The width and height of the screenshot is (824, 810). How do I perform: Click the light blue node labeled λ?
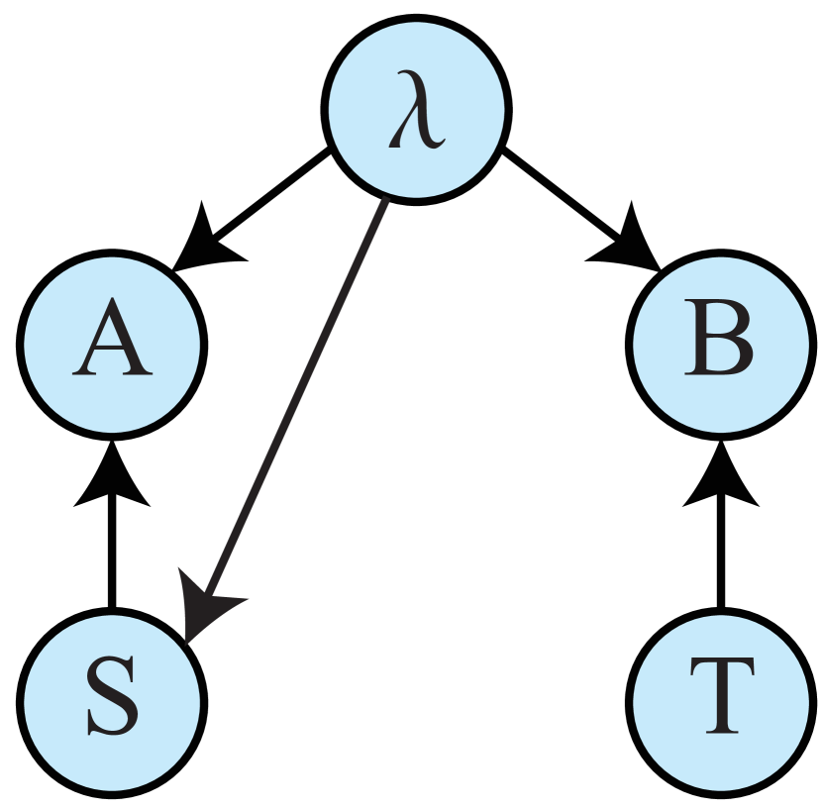click(x=416, y=109)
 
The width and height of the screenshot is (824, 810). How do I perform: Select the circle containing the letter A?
click(x=112, y=345)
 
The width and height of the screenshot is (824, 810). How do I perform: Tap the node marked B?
click(x=721, y=345)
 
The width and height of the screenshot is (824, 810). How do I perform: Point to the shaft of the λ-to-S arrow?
click(x=297, y=396)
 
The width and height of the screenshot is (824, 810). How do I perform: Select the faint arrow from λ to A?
click(x=257, y=203)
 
